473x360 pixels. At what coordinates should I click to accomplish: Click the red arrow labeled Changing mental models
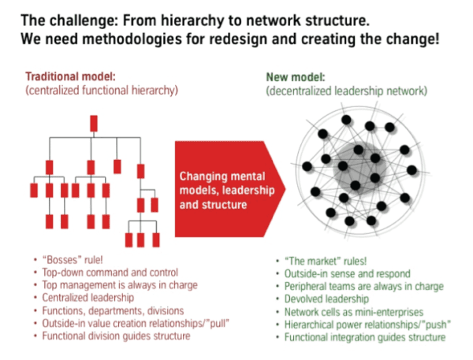230,189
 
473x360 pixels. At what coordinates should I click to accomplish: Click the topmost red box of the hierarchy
94,124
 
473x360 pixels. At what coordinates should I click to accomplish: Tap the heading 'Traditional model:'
71,76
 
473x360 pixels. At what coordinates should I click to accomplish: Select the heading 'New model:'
296,77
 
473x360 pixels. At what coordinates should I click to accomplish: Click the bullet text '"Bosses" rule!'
73,260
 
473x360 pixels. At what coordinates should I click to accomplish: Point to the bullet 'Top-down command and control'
110,273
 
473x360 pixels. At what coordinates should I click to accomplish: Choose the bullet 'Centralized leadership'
88,298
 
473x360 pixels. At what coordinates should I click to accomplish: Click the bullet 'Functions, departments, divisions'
113,310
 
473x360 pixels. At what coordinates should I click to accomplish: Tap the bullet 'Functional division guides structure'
116,336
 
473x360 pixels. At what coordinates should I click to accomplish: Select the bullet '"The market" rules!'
326,261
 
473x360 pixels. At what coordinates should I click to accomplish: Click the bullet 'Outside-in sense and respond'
348,274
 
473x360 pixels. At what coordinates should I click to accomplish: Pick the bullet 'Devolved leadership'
326,299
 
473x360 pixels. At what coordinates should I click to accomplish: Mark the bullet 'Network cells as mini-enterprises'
354,312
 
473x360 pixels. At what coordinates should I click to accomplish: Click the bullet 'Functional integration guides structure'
365,337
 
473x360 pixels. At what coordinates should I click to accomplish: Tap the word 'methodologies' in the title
132,39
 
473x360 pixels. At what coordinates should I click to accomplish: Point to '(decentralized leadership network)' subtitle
347,91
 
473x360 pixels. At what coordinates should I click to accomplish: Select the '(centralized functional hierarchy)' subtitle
102,91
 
